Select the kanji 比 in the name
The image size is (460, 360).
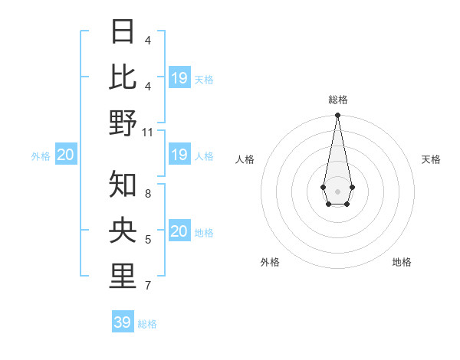point(123,77)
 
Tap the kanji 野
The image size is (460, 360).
point(123,123)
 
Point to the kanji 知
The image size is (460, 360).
point(123,184)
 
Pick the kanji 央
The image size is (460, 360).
point(123,230)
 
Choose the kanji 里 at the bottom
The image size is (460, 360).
point(123,276)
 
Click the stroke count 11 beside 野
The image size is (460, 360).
point(148,133)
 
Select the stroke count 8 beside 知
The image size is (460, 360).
point(148,194)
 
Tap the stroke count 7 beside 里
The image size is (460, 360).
point(148,286)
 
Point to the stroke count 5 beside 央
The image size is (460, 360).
point(148,240)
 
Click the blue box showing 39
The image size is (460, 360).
point(123,322)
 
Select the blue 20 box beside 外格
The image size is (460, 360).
point(66,155)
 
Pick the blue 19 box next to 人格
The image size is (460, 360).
point(179,155)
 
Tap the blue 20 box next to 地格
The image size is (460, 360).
point(179,232)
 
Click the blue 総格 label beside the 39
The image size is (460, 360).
point(147,324)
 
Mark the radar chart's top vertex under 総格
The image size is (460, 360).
point(337,115)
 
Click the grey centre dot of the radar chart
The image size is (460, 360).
point(337,191)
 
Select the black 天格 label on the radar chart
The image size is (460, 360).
point(431,159)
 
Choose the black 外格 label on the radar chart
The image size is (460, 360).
point(270,262)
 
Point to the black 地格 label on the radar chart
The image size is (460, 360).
point(402,262)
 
